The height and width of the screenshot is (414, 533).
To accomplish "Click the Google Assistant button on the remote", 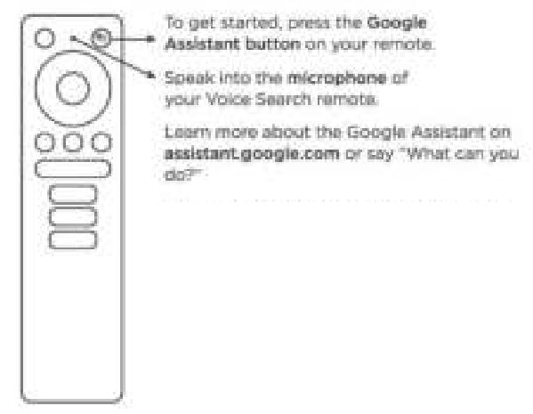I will click(x=101, y=38).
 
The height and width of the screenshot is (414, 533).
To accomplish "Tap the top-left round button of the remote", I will click(x=45, y=39).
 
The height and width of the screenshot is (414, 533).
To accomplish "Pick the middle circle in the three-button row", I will click(x=73, y=142).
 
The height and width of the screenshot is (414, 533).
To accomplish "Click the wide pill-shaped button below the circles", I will click(x=73, y=168).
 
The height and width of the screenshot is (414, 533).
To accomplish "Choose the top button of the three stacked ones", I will click(x=73, y=194).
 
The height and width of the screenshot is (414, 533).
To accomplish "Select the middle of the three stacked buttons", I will click(x=73, y=216).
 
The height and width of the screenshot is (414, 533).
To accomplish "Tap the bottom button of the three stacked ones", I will click(x=73, y=239).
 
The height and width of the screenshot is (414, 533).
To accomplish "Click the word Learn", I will click(x=185, y=134).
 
